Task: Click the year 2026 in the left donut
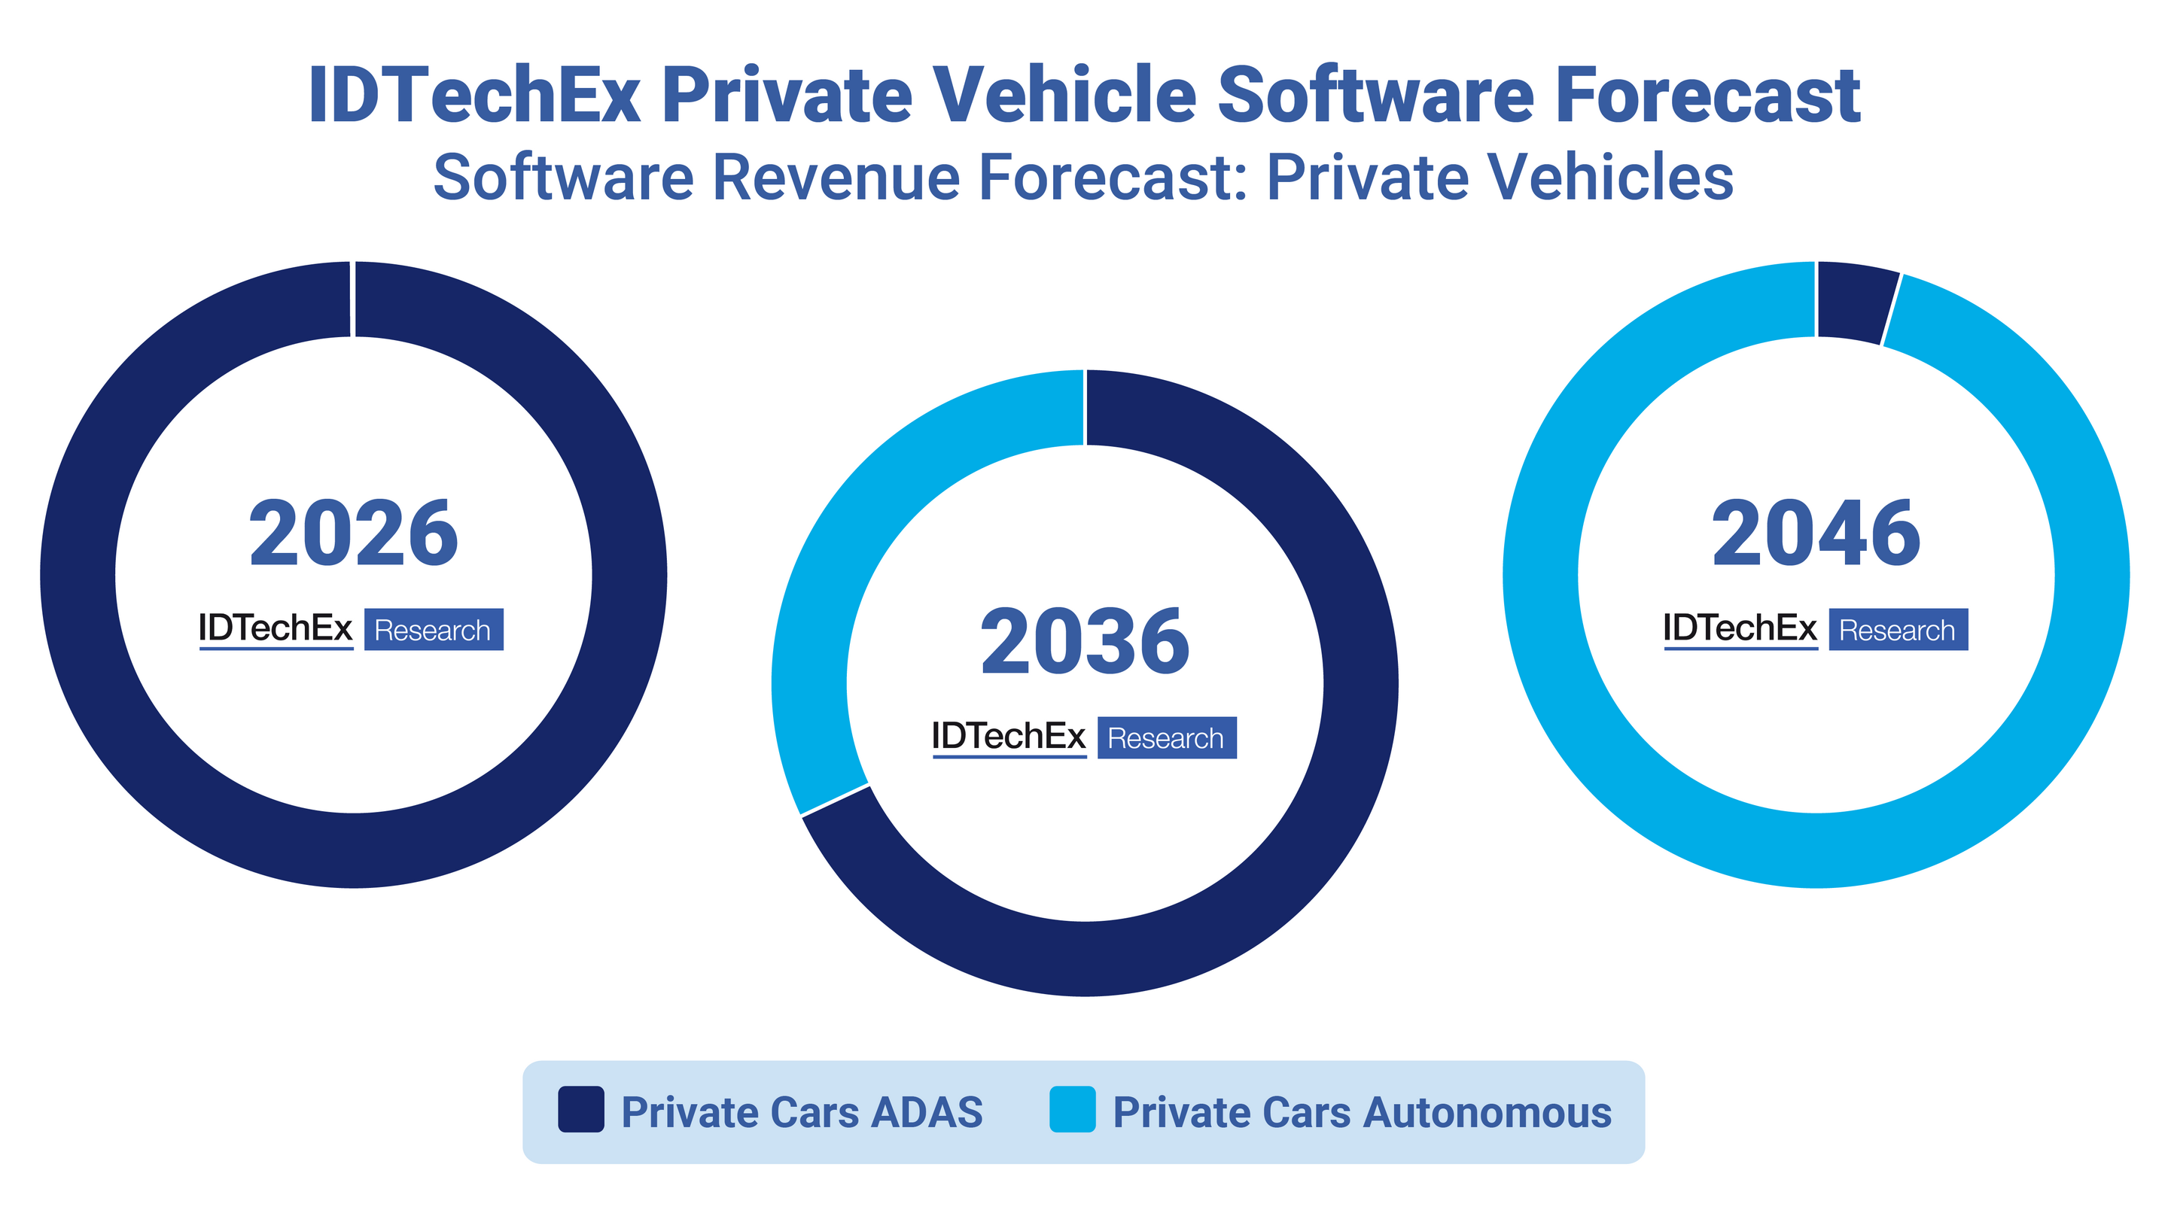point(354,534)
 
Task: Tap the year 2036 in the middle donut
point(1085,642)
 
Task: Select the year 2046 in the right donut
point(1816,534)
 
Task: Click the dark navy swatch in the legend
point(580,1109)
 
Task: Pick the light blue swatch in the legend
point(1072,1109)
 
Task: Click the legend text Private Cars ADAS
point(801,1112)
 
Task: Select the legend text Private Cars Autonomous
point(1362,1112)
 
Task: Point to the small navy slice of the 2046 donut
point(1855,302)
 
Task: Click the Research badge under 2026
point(434,629)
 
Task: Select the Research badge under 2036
point(1167,737)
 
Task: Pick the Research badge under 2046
point(1898,629)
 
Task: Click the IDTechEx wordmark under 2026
point(276,628)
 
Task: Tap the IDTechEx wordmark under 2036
point(1008,737)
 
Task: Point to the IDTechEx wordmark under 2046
point(1740,628)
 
